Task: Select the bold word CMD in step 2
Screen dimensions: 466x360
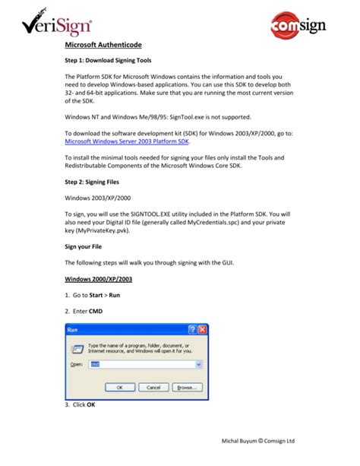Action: [96, 311]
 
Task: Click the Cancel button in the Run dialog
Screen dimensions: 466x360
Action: [153, 388]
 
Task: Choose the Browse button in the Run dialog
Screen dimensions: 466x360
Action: [188, 388]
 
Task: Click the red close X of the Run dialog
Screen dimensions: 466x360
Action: [203, 331]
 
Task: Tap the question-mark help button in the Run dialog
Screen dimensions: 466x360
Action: [192, 331]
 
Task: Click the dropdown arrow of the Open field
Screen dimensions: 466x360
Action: [199, 365]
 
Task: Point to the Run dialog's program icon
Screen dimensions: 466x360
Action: [77, 348]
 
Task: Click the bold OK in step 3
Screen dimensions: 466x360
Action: [91, 404]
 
